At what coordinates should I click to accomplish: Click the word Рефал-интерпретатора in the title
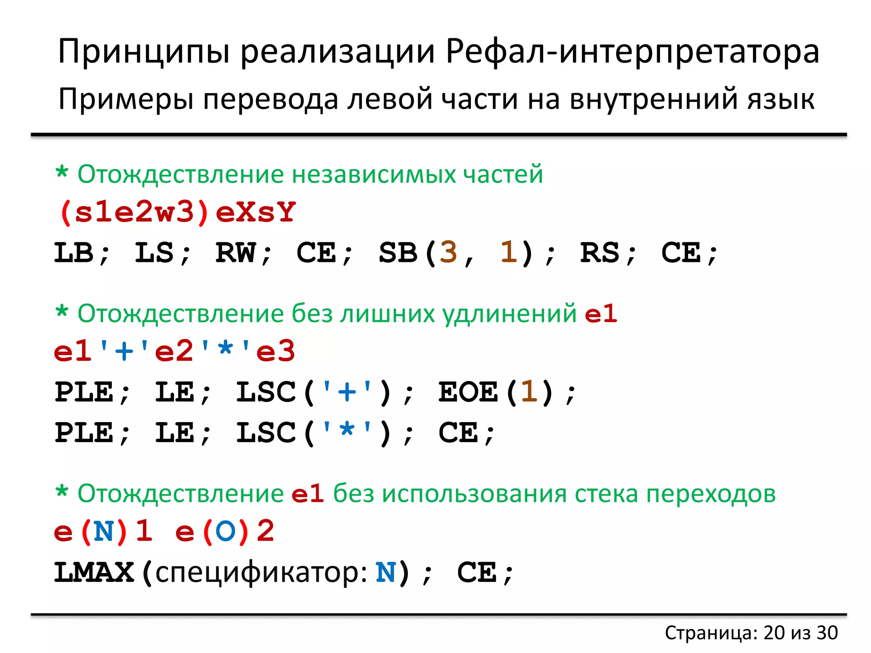632,52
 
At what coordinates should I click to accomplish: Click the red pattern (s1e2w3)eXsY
177,212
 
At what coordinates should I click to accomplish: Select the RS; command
608,253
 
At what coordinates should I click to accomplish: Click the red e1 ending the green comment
601,314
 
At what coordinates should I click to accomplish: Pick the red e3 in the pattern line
275,351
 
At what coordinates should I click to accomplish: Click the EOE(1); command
507,392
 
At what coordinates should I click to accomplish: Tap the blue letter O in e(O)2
225,531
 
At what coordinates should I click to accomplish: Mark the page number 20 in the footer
774,633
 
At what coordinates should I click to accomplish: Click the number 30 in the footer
827,633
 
